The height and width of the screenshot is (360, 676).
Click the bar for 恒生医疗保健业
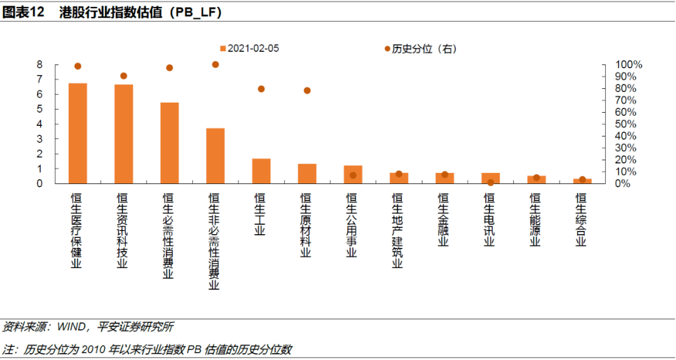click(x=78, y=133)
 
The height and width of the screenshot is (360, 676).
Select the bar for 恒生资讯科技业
click(x=123, y=134)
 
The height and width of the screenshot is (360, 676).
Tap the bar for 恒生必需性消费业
click(x=170, y=143)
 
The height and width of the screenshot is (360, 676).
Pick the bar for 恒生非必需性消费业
click(x=215, y=156)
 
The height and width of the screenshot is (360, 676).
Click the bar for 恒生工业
click(x=261, y=171)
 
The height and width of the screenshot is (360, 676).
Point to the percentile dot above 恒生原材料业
click(x=307, y=91)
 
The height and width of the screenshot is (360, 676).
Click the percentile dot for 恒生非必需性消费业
click(x=215, y=64)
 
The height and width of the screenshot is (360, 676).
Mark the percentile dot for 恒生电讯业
click(x=491, y=182)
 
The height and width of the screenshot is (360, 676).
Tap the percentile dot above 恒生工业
click(x=261, y=89)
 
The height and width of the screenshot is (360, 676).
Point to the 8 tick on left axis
click(x=39, y=64)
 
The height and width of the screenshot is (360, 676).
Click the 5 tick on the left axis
click(x=39, y=109)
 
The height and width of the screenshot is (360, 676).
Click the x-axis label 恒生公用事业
click(x=352, y=225)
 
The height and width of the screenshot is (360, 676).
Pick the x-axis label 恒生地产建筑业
click(x=397, y=230)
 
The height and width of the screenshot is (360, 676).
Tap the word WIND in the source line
click(x=73, y=327)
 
